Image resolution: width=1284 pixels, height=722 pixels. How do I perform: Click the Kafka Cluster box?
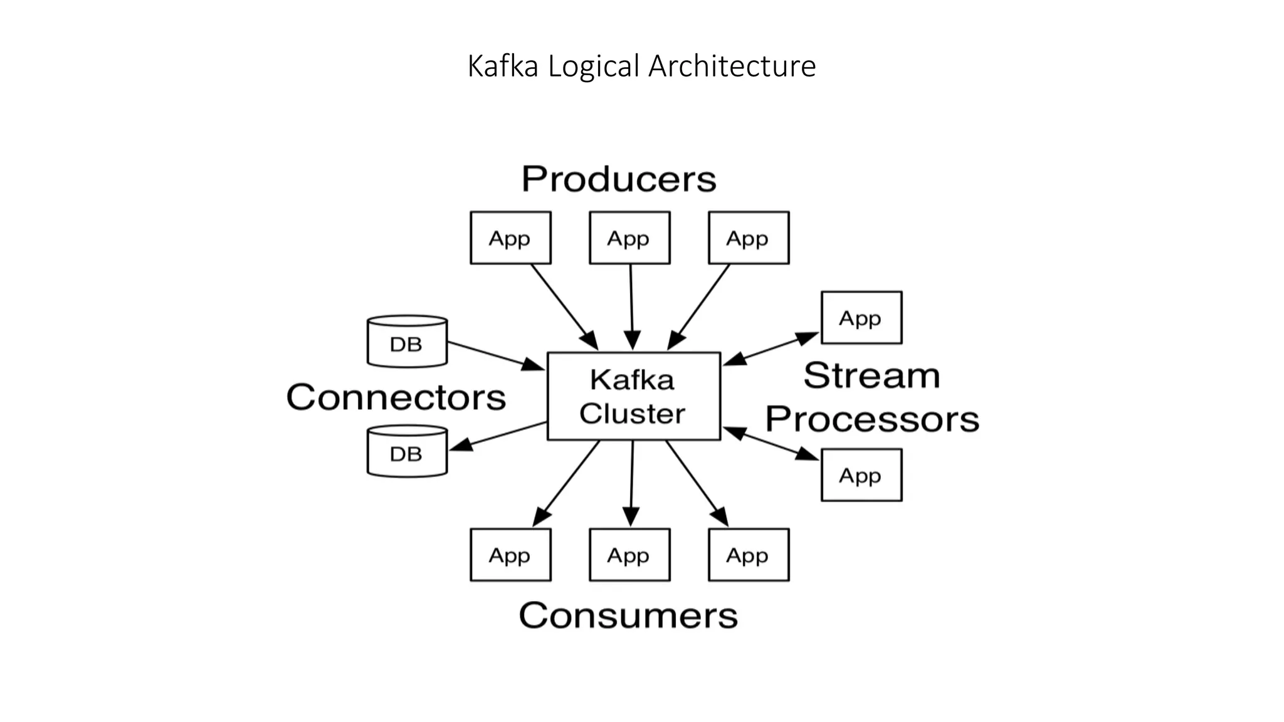pyautogui.click(x=633, y=396)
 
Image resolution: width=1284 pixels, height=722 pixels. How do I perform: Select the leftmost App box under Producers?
pyautogui.click(x=510, y=238)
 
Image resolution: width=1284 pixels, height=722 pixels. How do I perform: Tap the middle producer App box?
pyautogui.click(x=629, y=238)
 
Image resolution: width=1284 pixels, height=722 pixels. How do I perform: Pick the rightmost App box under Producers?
pyautogui.click(x=749, y=238)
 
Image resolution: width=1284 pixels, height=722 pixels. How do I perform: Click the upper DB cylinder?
pyautogui.click(x=407, y=342)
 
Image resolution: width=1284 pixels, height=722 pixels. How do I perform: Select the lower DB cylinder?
pyautogui.click(x=407, y=451)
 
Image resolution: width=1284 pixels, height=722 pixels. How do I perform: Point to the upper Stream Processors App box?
pyautogui.click(x=861, y=318)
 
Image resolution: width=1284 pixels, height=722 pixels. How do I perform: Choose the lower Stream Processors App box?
pyautogui.click(x=861, y=475)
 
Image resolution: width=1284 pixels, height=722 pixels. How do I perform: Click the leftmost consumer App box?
pyautogui.click(x=510, y=555)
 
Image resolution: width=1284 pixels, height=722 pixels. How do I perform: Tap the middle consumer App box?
pyautogui.click(x=629, y=555)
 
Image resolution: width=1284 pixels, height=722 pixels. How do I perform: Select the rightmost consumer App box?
pyautogui.click(x=749, y=555)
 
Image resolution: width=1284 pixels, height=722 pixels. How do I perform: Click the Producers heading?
pyautogui.click(x=618, y=179)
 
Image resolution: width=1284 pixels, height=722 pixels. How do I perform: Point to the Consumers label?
pyautogui.click(x=628, y=615)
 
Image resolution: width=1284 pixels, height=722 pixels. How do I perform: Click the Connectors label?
pyautogui.click(x=396, y=397)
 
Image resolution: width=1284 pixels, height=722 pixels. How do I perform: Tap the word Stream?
pyautogui.click(x=871, y=375)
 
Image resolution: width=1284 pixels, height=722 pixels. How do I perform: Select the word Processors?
pyautogui.click(x=871, y=419)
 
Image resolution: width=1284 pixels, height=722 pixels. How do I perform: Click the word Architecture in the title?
pyautogui.click(x=732, y=66)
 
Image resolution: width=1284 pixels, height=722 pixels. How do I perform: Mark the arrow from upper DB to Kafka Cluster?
pyautogui.click(x=495, y=355)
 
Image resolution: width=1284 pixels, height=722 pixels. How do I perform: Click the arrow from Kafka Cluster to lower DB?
pyautogui.click(x=498, y=436)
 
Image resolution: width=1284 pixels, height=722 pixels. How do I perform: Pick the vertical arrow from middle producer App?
pyautogui.click(x=631, y=307)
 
